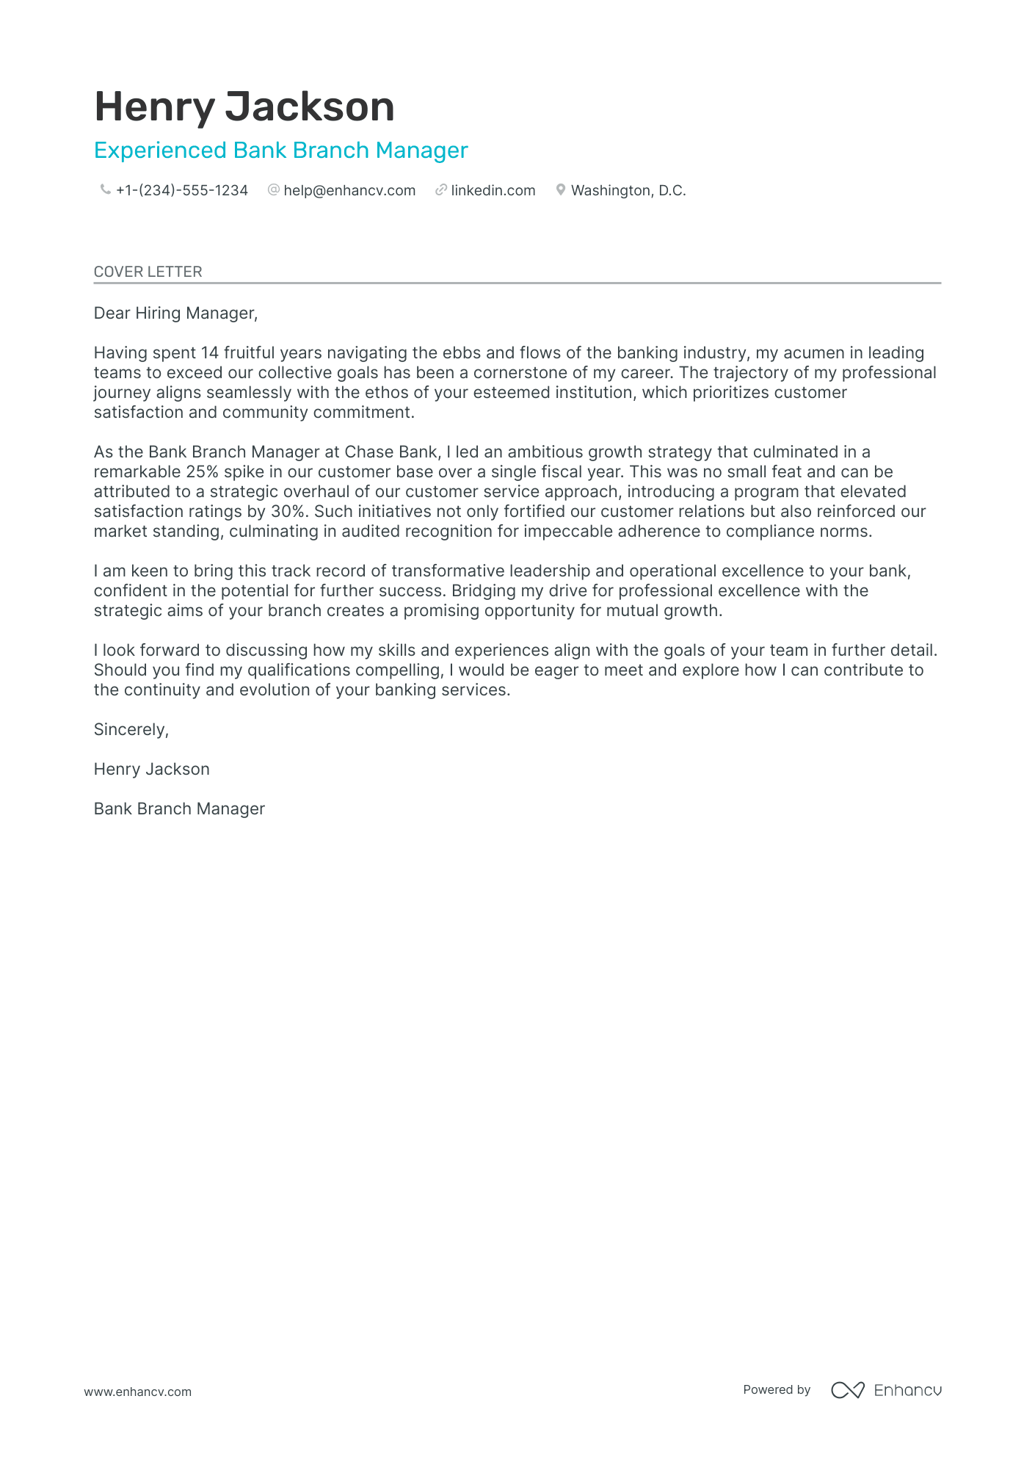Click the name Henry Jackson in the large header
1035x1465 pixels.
click(244, 107)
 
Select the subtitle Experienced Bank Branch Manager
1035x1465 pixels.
click(280, 151)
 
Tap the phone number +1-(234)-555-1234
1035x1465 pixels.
click(181, 190)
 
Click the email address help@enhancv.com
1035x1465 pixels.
click(349, 190)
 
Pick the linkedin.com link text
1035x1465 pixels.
click(493, 190)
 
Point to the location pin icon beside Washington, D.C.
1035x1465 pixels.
click(560, 190)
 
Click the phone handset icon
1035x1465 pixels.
click(105, 190)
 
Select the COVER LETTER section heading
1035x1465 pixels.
click(148, 272)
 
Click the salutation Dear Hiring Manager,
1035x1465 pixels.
click(175, 314)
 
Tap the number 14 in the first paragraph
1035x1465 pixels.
click(210, 353)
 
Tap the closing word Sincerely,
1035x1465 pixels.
click(131, 730)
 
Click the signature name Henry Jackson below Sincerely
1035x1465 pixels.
click(151, 770)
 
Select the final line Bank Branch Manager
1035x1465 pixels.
click(179, 809)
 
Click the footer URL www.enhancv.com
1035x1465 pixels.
click(137, 1392)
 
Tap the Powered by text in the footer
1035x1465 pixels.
click(776, 1389)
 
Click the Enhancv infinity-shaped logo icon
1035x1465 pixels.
click(847, 1389)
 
